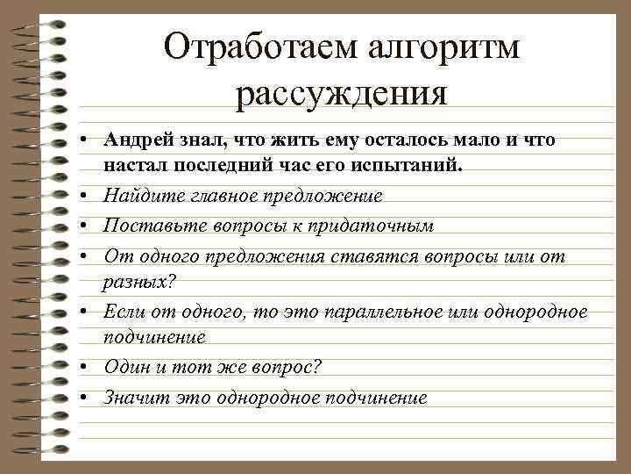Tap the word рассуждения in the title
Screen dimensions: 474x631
point(342,92)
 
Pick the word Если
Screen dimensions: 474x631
point(121,312)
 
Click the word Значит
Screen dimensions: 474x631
point(132,398)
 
